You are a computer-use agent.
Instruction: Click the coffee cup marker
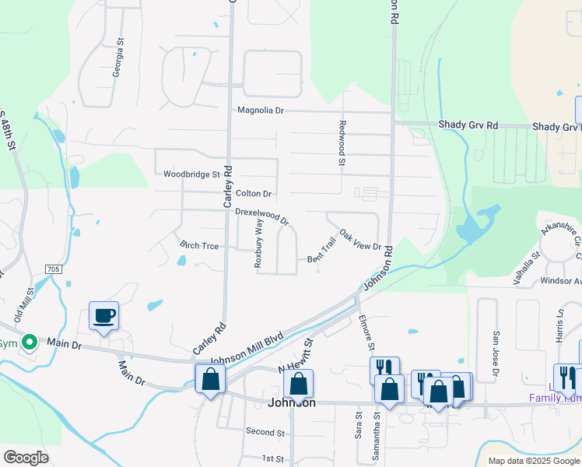point(104,316)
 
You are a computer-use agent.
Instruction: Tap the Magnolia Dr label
point(261,111)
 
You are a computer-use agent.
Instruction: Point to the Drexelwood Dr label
point(261,215)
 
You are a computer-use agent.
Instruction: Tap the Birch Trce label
point(199,244)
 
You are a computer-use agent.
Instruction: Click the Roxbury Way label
point(259,243)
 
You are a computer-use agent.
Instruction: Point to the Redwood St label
point(342,142)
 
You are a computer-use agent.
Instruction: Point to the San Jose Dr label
point(495,355)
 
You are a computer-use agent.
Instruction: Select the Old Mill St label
point(24,304)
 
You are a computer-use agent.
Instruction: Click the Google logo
point(26,457)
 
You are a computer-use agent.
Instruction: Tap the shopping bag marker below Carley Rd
point(210,379)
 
